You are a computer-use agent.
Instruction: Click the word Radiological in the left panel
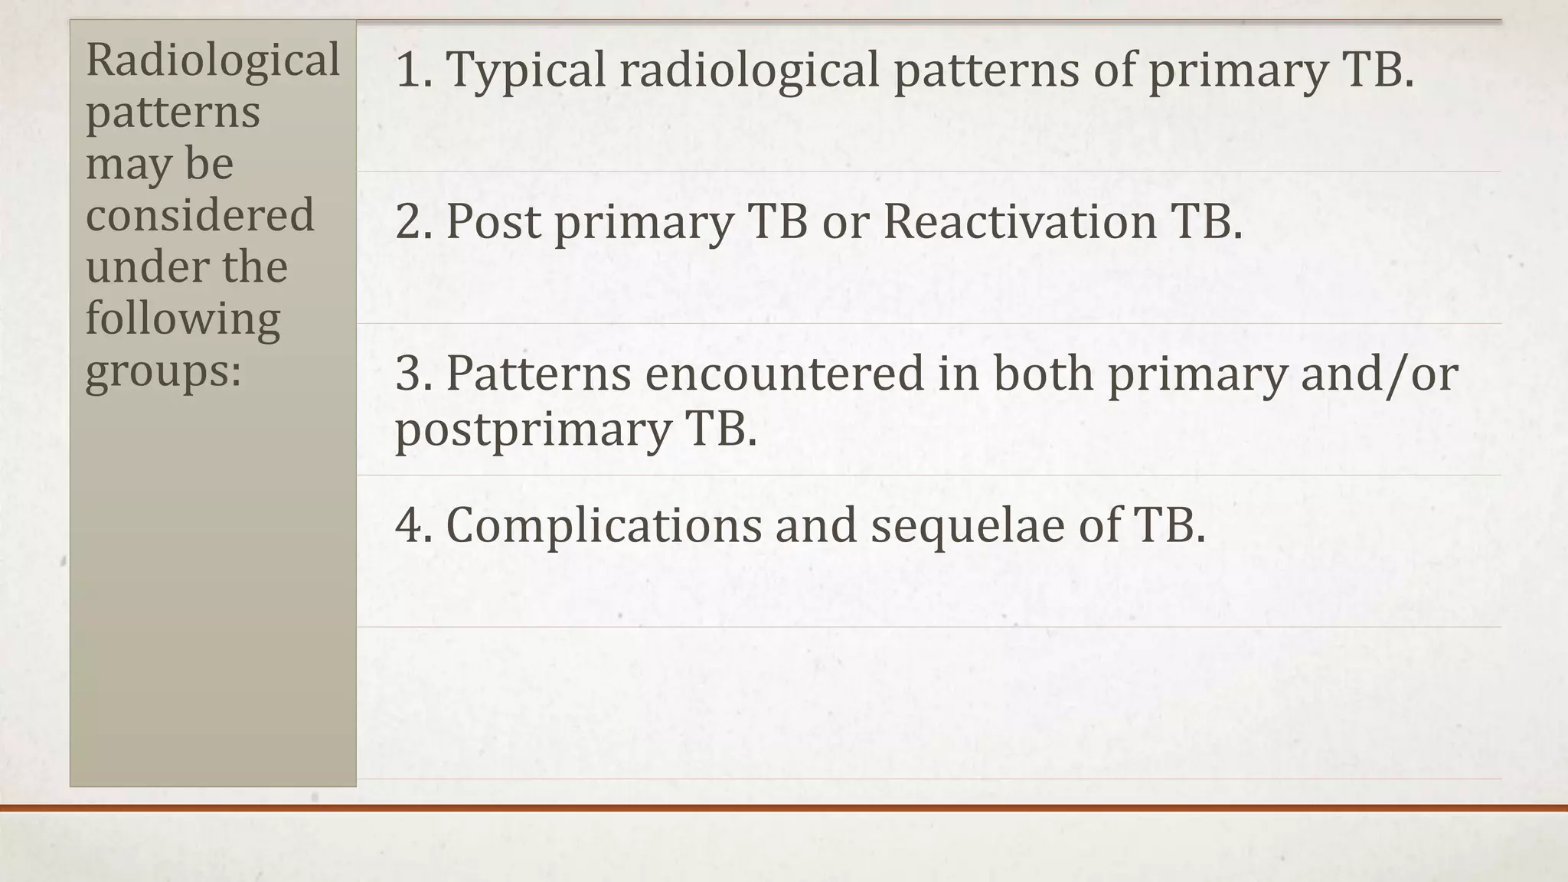pos(212,61)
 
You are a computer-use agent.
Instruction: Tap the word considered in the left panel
pos(200,215)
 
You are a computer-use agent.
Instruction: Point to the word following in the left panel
pos(182,318)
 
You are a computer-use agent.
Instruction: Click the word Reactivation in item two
pos(1019,222)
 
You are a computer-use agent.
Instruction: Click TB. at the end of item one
pos(1377,70)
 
